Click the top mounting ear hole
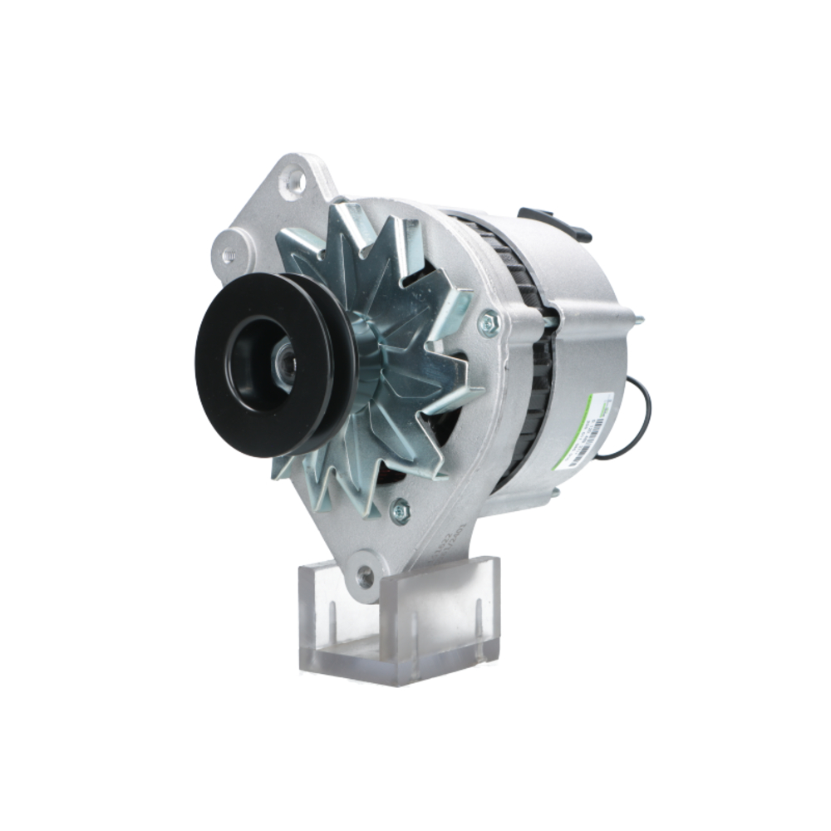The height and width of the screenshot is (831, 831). pyautogui.click(x=292, y=179)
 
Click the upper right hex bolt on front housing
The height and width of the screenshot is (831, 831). pyautogui.click(x=490, y=322)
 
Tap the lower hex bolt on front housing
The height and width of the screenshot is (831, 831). pyautogui.click(x=401, y=509)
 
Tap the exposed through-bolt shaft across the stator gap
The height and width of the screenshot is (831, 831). pyautogui.click(x=548, y=315)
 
